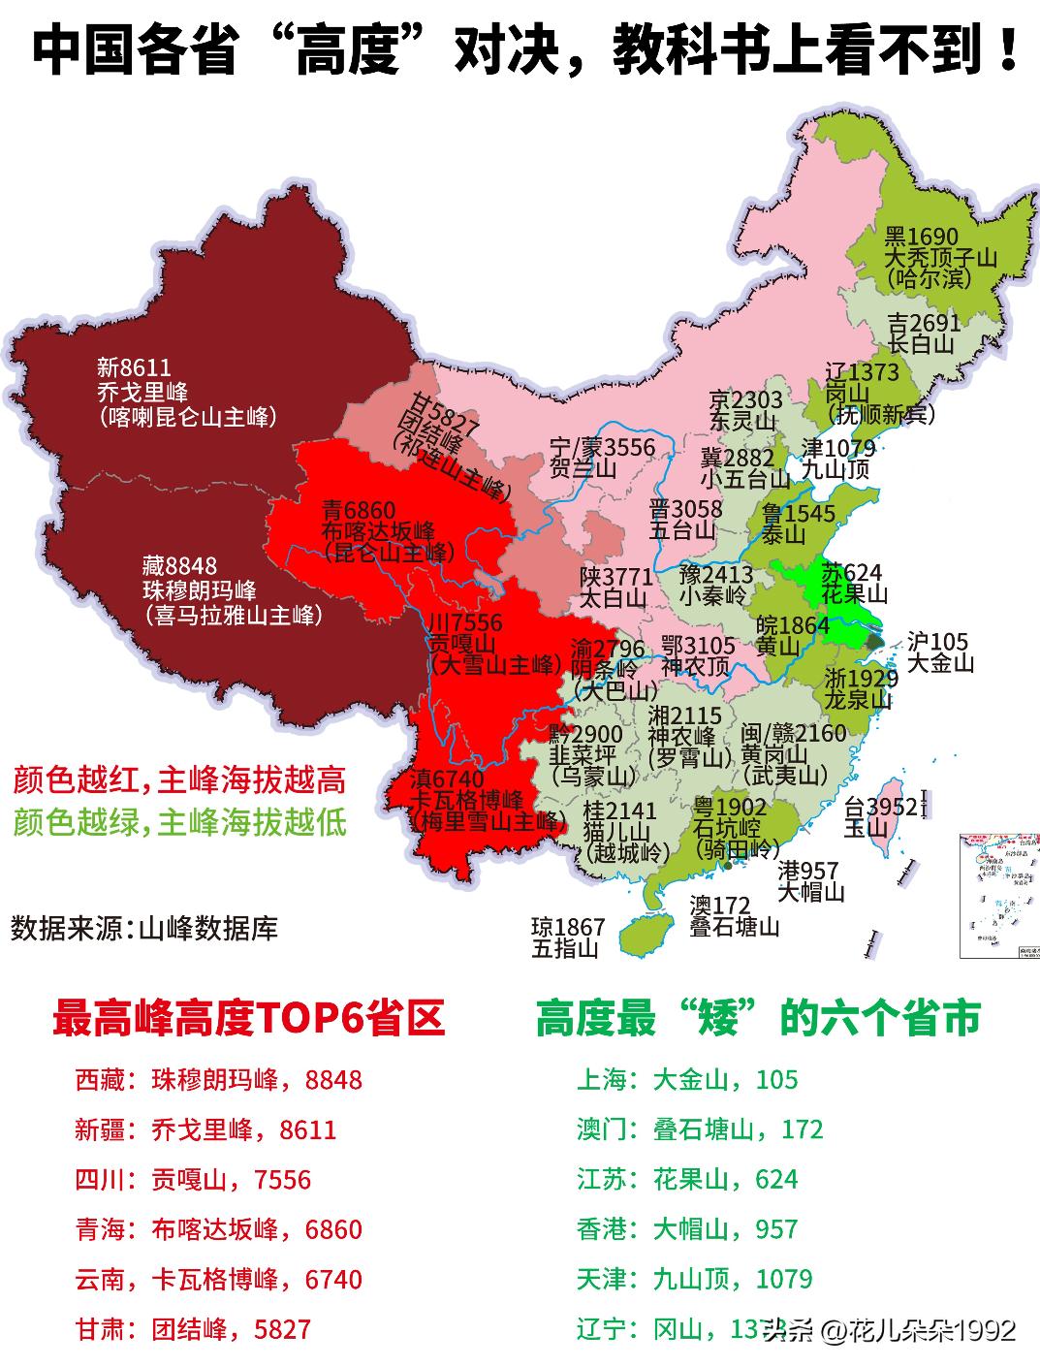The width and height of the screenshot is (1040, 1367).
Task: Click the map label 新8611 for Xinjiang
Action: pyautogui.click(x=134, y=368)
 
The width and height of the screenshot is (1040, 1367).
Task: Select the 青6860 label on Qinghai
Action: pyautogui.click(x=360, y=509)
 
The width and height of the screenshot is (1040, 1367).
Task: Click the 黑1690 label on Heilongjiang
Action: pyautogui.click(x=921, y=237)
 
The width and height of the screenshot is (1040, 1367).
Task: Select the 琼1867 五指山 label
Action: pyautogui.click(x=567, y=938)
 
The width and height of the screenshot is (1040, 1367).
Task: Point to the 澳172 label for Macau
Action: pyautogui.click(x=719, y=906)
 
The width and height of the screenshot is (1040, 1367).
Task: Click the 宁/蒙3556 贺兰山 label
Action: pyautogui.click(x=602, y=458)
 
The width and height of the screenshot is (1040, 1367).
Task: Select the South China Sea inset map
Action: pyautogui.click(x=997, y=893)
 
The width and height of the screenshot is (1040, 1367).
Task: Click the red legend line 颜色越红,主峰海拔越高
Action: pyautogui.click(x=179, y=780)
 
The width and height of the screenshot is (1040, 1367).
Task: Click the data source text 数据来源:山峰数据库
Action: pyautogui.click(x=144, y=928)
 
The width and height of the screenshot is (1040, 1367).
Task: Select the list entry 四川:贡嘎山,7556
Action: pyautogui.click(x=193, y=1179)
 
